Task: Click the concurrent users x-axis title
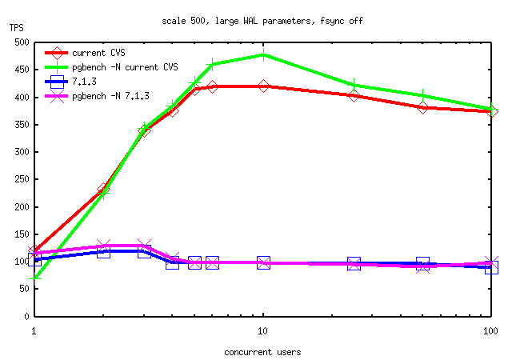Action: point(262,350)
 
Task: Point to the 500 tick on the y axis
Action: point(20,42)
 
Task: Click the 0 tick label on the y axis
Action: point(26,317)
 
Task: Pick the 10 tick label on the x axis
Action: point(262,330)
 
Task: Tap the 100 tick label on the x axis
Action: point(491,330)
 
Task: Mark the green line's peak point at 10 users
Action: point(263,55)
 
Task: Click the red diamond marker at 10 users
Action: point(263,86)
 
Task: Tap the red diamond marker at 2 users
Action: point(103,190)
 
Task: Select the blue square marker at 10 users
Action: point(263,262)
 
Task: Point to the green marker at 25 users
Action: point(354,85)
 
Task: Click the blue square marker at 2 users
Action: point(103,251)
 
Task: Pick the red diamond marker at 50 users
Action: point(422,107)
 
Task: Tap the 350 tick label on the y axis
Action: point(20,125)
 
